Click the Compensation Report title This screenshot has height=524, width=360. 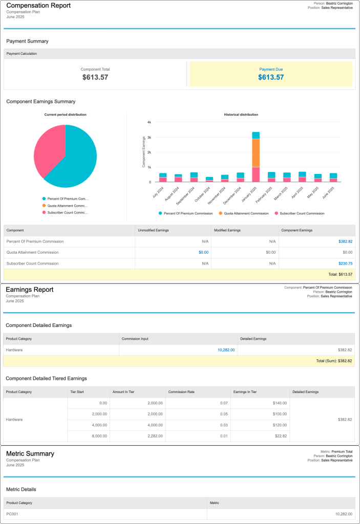38,6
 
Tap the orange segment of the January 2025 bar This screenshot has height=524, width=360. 256,152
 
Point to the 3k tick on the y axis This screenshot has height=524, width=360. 149,137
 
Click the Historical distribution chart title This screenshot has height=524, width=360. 241,115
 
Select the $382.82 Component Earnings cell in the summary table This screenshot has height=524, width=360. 345,241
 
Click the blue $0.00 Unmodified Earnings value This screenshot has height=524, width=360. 204,252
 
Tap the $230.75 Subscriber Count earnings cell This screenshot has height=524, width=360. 345,264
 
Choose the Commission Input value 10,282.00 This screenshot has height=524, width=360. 226,350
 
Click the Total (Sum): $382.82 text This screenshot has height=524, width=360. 334,361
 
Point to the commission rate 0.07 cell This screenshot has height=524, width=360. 224,403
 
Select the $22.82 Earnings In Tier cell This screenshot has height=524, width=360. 280,436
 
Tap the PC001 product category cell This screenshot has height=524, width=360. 12,513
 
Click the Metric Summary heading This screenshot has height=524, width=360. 30,453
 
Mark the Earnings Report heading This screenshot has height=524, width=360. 29,290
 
